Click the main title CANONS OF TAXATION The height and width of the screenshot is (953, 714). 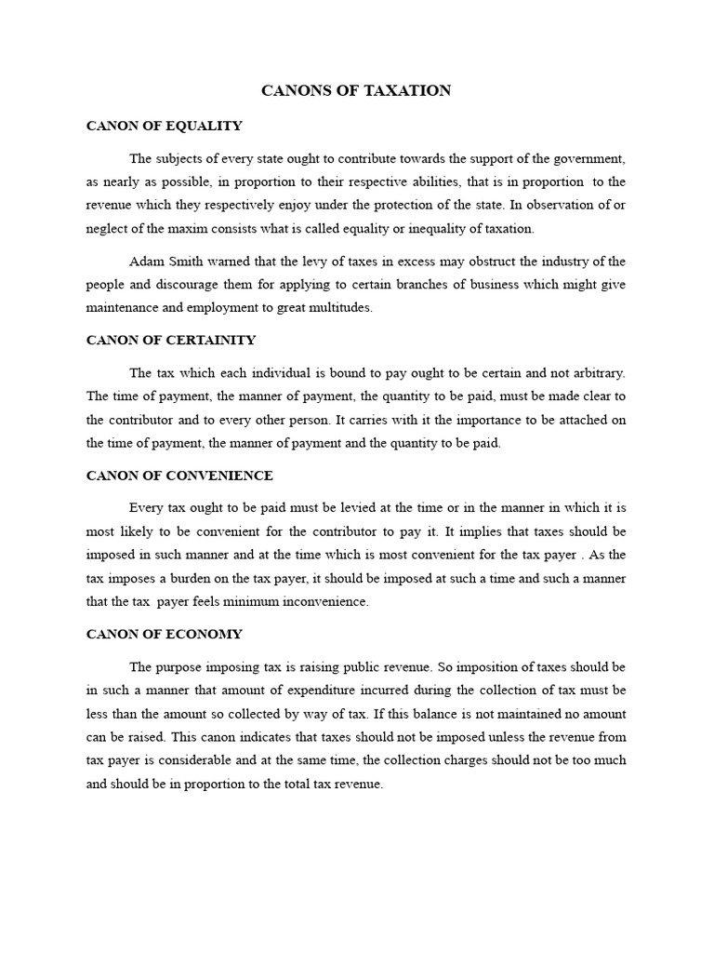pos(356,90)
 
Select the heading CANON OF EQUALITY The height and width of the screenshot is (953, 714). pos(164,126)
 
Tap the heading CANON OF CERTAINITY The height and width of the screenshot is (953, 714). pos(170,340)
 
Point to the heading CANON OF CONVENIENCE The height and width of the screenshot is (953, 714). pos(179,476)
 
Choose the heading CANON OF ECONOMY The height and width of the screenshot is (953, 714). pos(164,634)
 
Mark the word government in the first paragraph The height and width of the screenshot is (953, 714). pos(588,159)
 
